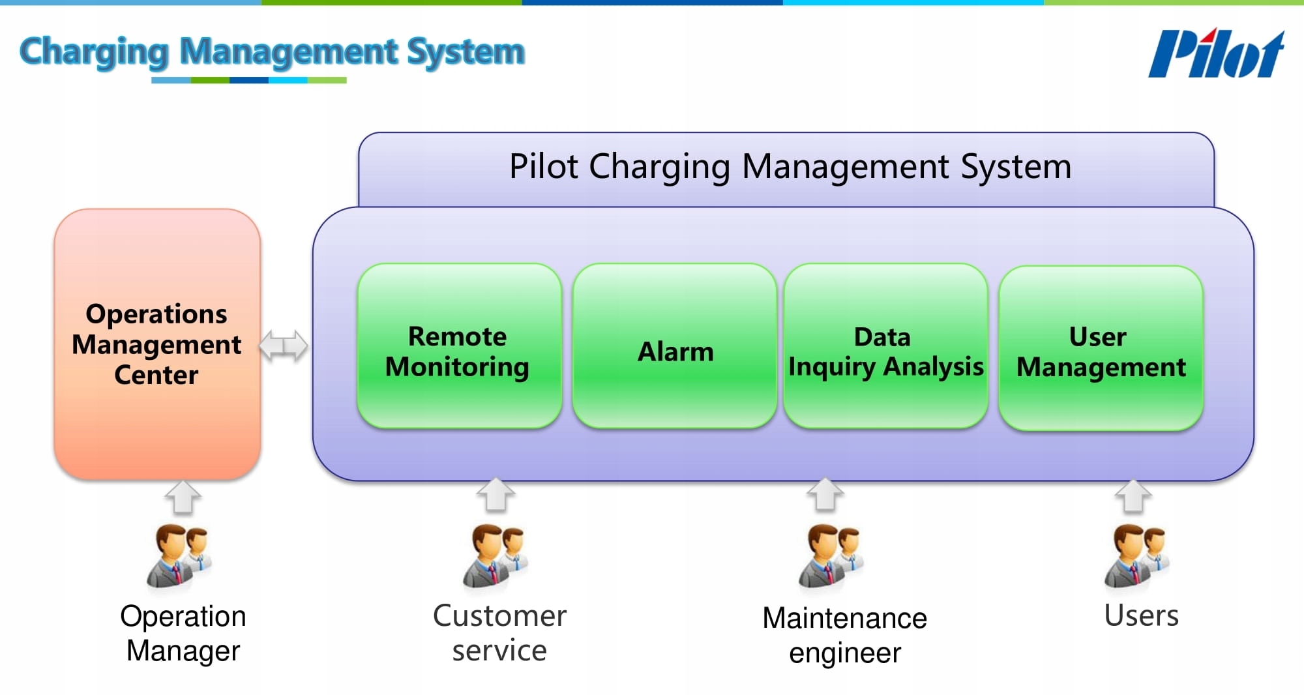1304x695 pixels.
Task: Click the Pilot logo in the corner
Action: point(1216,53)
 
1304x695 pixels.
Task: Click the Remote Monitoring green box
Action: point(458,346)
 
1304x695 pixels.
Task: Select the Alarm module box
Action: point(675,346)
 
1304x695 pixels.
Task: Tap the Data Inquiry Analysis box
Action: point(885,346)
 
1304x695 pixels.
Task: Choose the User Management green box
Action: point(1101,348)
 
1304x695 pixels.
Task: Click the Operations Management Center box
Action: point(157,344)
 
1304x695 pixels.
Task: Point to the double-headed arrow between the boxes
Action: point(284,345)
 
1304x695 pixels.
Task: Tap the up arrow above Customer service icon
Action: point(496,495)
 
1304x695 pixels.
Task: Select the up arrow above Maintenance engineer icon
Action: point(825,495)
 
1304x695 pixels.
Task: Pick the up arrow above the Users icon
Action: point(1133,497)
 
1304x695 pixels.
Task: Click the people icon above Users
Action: point(1136,556)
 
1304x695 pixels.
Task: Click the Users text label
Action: point(1141,615)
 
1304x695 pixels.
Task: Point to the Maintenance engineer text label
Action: point(845,635)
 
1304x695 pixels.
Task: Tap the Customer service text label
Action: point(499,633)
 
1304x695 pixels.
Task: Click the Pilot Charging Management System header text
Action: point(790,166)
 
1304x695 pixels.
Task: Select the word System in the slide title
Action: point(466,52)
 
